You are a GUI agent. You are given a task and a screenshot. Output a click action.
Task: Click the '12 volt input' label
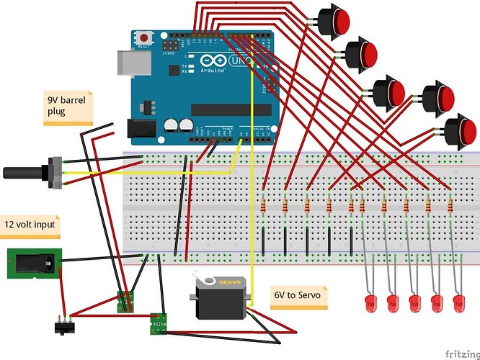(30, 225)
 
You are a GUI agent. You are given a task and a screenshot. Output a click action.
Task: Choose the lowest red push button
(458, 131)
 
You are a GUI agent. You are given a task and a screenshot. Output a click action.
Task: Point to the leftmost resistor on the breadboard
(265, 207)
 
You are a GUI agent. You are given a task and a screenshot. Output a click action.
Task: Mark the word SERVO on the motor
(229, 282)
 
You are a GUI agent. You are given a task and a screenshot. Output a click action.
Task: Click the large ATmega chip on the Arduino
(228, 109)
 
